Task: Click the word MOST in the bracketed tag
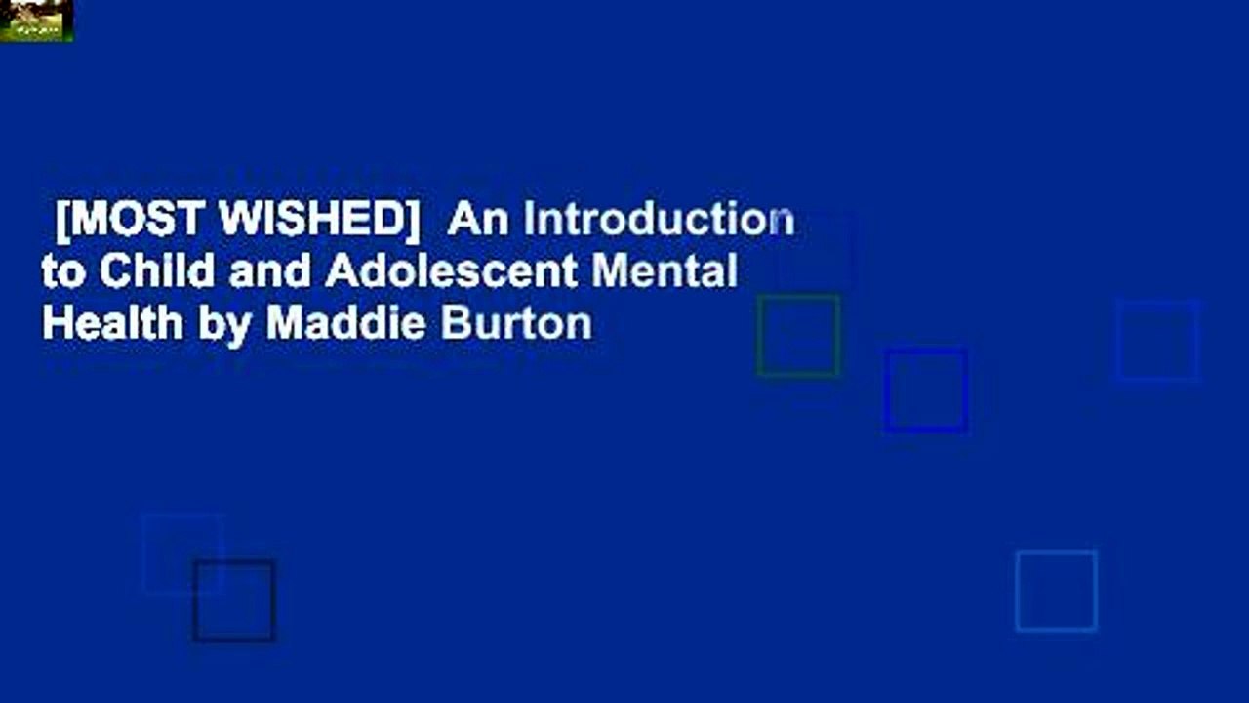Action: point(138,221)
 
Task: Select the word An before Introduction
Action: point(478,221)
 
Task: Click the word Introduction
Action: point(659,221)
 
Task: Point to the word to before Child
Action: point(62,271)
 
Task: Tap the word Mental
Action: point(664,271)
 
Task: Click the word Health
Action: point(113,322)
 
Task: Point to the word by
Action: point(226,323)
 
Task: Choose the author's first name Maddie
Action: point(346,322)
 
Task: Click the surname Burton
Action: point(516,322)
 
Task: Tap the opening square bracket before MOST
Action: point(62,223)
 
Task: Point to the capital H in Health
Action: point(55,322)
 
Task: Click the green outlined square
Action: point(798,336)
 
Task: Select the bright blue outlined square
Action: point(926,390)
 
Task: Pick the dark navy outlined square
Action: point(234,600)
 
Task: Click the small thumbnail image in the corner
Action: point(36,21)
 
